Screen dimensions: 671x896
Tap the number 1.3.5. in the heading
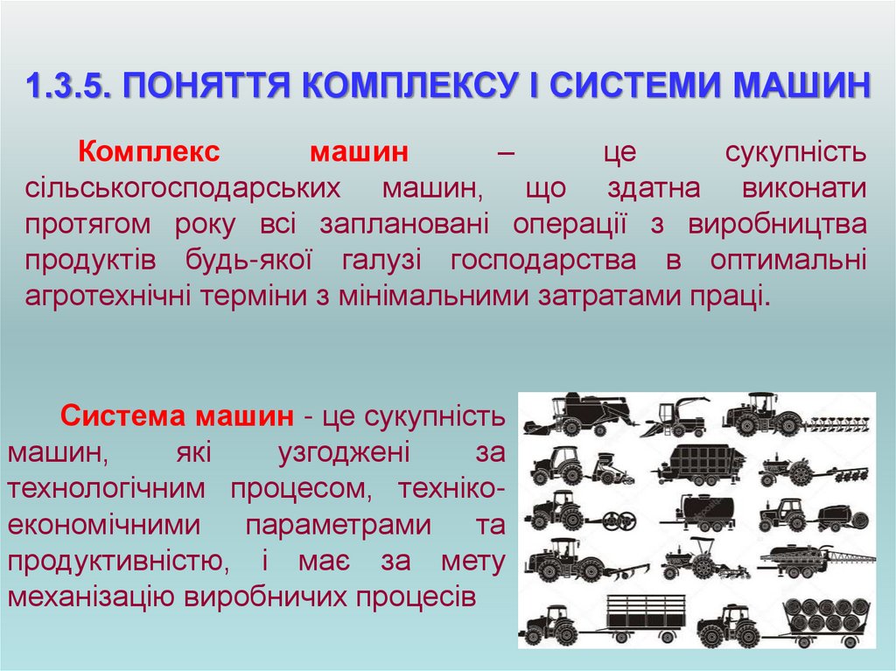(x=66, y=87)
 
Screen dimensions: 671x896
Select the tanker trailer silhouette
(x=709, y=511)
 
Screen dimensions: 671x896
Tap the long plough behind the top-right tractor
(x=837, y=423)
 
